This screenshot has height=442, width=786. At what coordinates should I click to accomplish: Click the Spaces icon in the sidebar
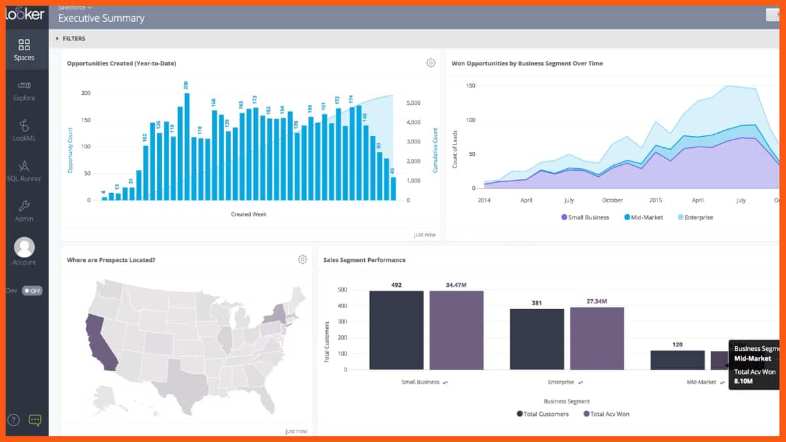24,45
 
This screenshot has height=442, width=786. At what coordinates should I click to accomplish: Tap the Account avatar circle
24,247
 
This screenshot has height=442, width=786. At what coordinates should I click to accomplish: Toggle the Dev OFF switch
32,291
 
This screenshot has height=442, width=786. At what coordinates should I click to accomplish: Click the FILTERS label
73,39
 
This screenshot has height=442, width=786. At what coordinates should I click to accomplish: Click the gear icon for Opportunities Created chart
430,63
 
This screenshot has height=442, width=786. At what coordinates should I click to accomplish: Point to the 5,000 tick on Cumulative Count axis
417,103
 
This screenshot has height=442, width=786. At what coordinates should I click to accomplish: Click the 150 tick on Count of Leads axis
470,86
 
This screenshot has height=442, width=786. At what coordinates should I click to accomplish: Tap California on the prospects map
100,341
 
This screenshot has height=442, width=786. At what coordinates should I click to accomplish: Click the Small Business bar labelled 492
396,330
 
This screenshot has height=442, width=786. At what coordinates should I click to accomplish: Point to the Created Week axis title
249,214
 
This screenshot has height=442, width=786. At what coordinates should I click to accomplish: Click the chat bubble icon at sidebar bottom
35,420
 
